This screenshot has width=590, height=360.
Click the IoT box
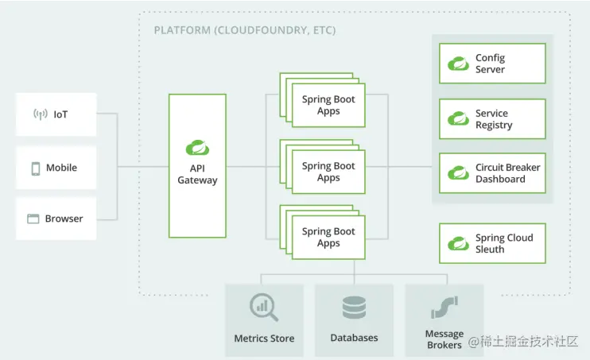pyautogui.click(x=56, y=114)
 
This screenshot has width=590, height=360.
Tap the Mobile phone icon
pyautogui.click(x=36, y=168)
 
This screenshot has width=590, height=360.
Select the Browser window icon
pyautogui.click(x=33, y=219)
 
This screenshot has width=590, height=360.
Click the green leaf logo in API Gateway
pyautogui.click(x=197, y=147)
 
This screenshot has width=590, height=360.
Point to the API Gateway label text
pyautogui.click(x=197, y=174)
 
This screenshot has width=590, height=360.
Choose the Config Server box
pyautogui.click(x=492, y=64)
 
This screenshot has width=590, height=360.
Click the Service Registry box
pyautogui.click(x=492, y=119)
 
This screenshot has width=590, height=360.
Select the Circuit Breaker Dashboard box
pyautogui.click(x=492, y=173)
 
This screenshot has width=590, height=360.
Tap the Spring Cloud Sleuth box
pyautogui.click(x=492, y=243)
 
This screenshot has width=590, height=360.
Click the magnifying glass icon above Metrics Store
pyautogui.click(x=263, y=307)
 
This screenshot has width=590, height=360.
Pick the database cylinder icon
pyautogui.click(x=354, y=308)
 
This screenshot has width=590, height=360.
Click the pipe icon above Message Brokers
pyautogui.click(x=444, y=306)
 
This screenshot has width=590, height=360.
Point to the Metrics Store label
pyautogui.click(x=264, y=339)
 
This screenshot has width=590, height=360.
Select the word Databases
pyautogui.click(x=354, y=338)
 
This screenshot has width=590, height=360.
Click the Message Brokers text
pyautogui.click(x=444, y=339)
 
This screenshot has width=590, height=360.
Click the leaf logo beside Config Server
pyautogui.click(x=458, y=64)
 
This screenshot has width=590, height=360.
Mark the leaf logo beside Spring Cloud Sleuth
pyautogui.click(x=458, y=243)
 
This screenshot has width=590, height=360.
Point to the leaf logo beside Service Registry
pyautogui.click(x=458, y=119)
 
